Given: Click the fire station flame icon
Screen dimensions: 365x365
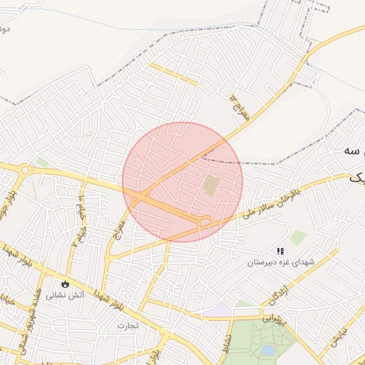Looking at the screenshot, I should click(x=66, y=282).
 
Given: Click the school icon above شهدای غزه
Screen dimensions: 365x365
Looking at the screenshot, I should click(x=280, y=251).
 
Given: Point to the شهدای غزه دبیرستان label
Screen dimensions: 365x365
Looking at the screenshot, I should click(x=281, y=262).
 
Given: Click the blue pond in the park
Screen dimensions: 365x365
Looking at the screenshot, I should click(x=267, y=351).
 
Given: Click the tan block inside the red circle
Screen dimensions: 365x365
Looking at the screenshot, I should click(x=211, y=187).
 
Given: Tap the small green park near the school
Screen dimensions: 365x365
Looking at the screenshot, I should click(x=298, y=237).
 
